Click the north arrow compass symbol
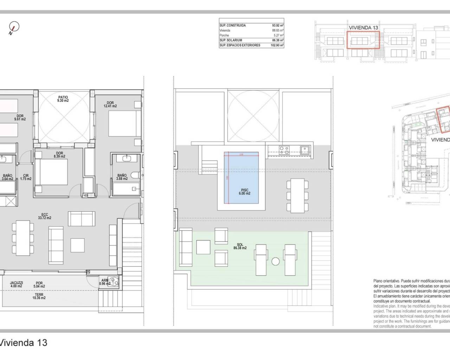point(14,27)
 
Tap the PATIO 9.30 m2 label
point(63,99)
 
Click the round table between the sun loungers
point(275,262)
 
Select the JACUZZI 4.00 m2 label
point(17,284)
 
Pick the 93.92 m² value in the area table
point(277,25)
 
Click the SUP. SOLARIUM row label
point(231,40)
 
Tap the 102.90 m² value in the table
point(277,45)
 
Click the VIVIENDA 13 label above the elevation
point(363,27)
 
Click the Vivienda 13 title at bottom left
point(24,343)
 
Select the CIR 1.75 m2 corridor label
point(26,177)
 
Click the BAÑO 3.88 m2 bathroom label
point(122,177)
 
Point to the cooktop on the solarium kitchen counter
point(284,150)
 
